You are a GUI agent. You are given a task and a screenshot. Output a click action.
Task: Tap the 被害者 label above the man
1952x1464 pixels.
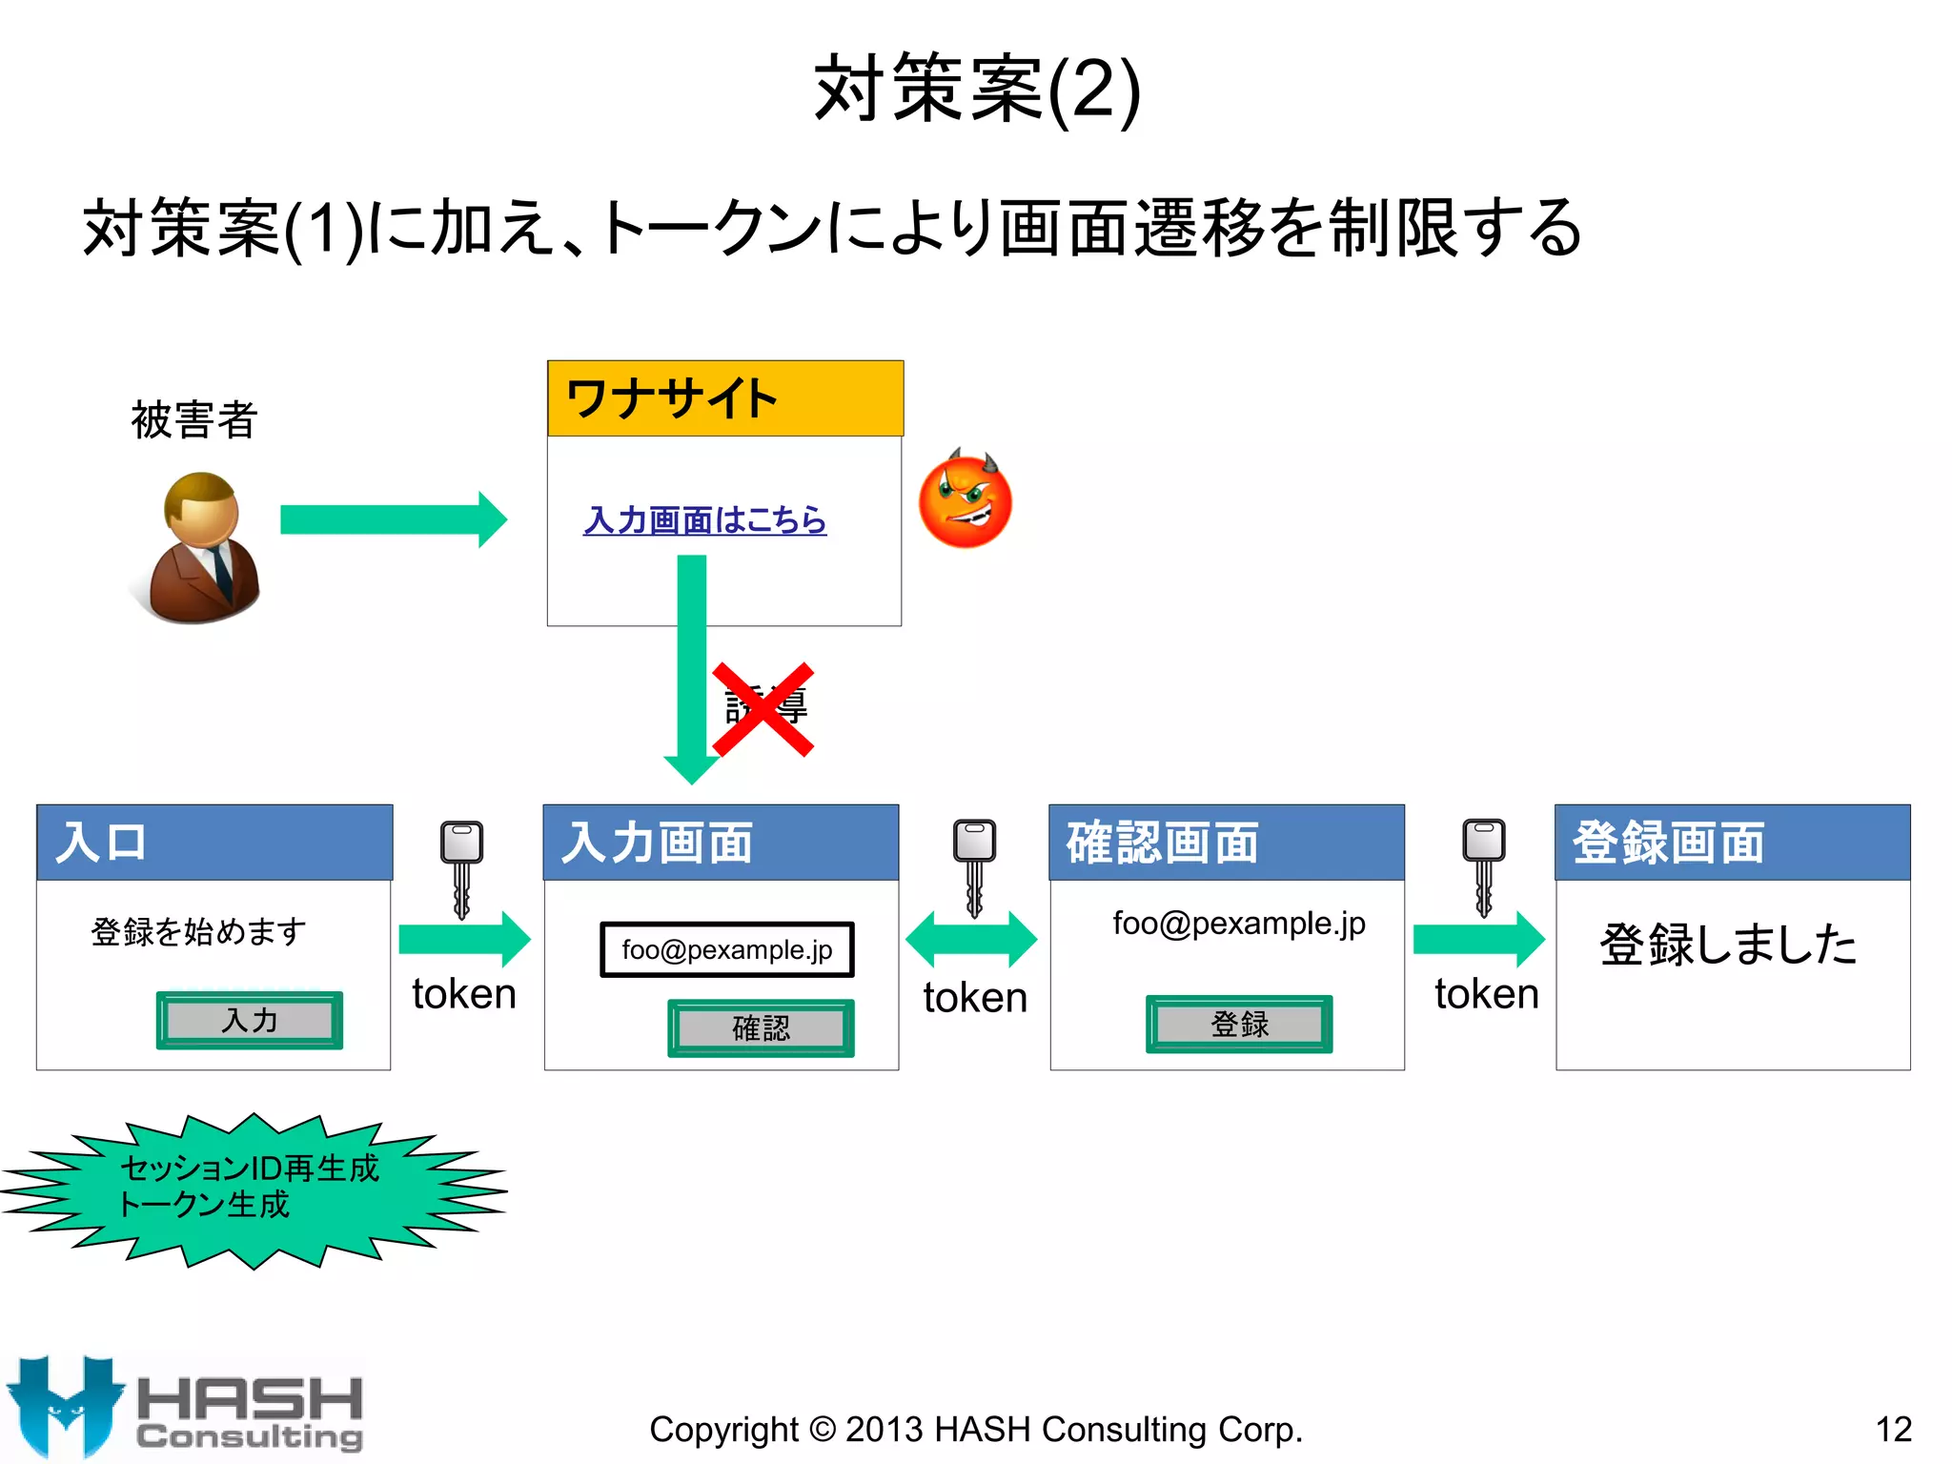click(x=193, y=420)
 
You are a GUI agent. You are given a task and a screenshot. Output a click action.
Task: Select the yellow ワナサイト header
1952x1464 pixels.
click(x=724, y=398)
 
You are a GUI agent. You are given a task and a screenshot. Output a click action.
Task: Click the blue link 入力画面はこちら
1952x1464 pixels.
click(x=704, y=520)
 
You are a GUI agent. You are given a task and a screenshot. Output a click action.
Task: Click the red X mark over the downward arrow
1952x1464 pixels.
click(x=762, y=709)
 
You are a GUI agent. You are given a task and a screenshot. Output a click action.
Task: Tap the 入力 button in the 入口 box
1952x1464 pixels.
click(x=249, y=1021)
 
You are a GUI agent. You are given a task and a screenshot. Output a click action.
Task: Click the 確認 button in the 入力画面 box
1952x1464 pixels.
click(x=760, y=1028)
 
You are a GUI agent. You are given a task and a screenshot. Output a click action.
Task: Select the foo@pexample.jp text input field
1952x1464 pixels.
click(x=726, y=949)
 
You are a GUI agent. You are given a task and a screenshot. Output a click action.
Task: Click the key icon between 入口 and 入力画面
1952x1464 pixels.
click(x=461, y=867)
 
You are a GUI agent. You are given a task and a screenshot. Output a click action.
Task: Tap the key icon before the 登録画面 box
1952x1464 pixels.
click(x=1483, y=865)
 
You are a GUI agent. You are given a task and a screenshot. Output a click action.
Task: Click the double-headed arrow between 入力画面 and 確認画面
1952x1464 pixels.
click(x=971, y=939)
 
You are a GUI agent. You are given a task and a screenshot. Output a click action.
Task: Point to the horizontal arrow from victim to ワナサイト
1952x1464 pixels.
click(x=393, y=519)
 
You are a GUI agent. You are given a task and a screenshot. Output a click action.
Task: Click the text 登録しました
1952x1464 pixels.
click(x=1728, y=945)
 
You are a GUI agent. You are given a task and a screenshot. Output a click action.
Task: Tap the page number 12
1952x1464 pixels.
click(x=1893, y=1429)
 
